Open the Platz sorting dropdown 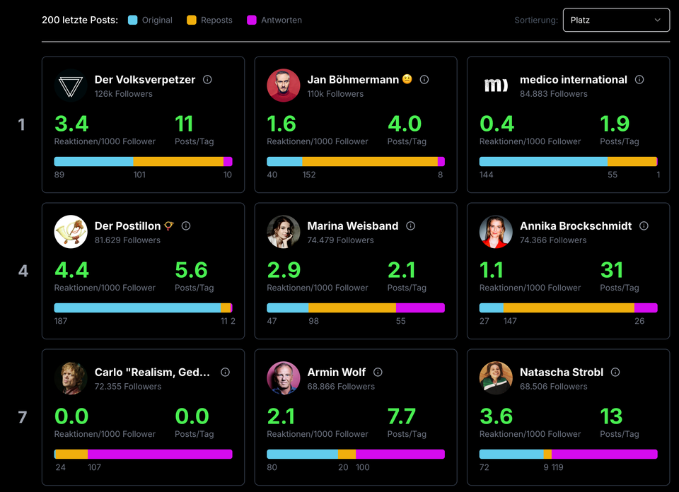[616, 20]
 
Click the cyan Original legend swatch [133, 20]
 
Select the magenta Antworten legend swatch [252, 20]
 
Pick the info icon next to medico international [639, 80]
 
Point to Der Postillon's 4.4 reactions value [71, 270]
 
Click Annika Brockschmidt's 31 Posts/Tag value [612, 270]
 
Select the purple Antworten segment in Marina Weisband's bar [420, 308]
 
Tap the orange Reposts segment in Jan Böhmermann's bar [370, 162]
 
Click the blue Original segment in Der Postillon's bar [137, 308]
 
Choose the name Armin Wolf [337, 372]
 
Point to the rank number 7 [23, 417]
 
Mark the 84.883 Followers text [554, 93]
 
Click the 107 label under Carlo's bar [95, 467]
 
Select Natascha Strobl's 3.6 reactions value [496, 416]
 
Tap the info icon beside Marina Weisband [410, 226]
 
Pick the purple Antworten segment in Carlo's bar [160, 455]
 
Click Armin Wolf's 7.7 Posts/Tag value [402, 416]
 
